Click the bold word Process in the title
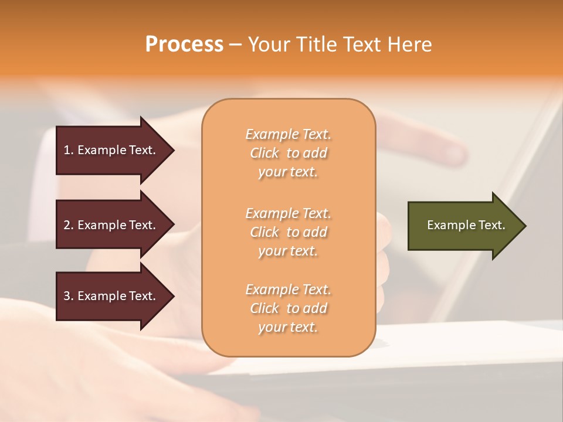coord(184,45)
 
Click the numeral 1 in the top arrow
coord(67,150)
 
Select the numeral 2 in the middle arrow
coord(67,225)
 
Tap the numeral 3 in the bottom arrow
coord(67,296)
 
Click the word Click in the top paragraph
coord(264,153)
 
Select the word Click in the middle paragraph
coord(264,232)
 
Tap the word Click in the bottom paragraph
coord(264,308)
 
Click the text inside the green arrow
coord(466,225)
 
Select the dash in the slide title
coord(236,45)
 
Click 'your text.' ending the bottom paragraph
coord(287,327)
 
